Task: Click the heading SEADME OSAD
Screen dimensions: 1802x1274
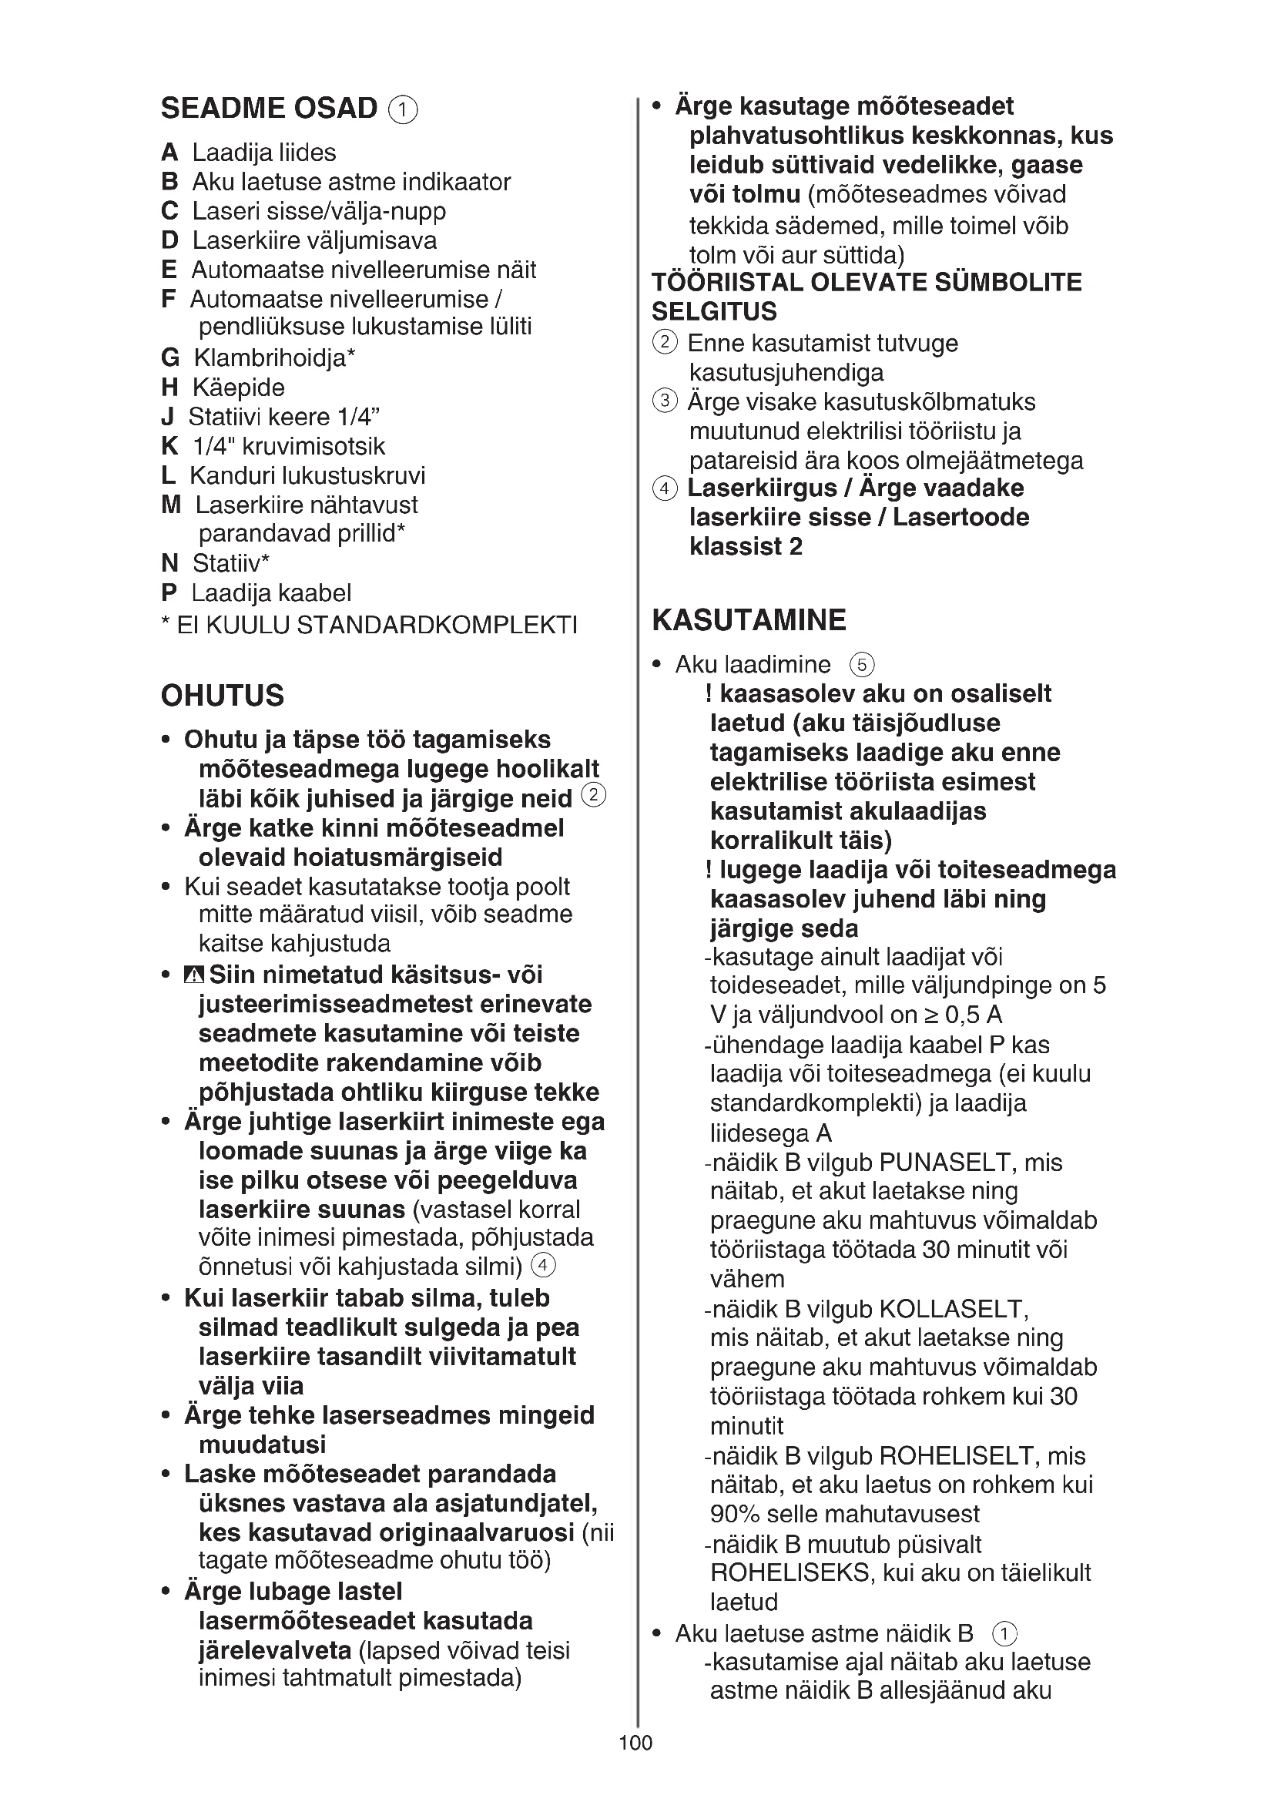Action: coord(269,109)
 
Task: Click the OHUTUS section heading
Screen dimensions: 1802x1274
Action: coord(223,696)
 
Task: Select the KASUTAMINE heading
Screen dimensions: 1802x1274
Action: coord(749,620)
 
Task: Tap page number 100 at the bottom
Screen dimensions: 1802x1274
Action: coord(635,1764)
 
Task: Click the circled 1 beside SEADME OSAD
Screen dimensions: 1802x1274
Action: coord(403,110)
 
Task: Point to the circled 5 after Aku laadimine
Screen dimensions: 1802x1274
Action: coord(861,666)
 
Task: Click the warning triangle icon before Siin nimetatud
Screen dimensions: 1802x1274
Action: coord(194,975)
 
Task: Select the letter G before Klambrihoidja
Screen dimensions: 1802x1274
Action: coord(170,358)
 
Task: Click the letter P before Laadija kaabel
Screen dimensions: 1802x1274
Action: coord(169,592)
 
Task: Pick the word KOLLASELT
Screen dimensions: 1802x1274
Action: coord(953,1309)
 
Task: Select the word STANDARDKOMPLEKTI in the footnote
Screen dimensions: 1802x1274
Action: coord(437,626)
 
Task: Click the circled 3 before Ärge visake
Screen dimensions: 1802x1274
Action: coord(665,402)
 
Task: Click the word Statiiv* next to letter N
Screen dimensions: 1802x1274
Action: coord(231,563)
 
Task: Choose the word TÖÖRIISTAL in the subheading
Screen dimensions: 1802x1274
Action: coord(726,283)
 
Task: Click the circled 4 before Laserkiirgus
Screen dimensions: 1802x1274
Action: coord(665,488)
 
